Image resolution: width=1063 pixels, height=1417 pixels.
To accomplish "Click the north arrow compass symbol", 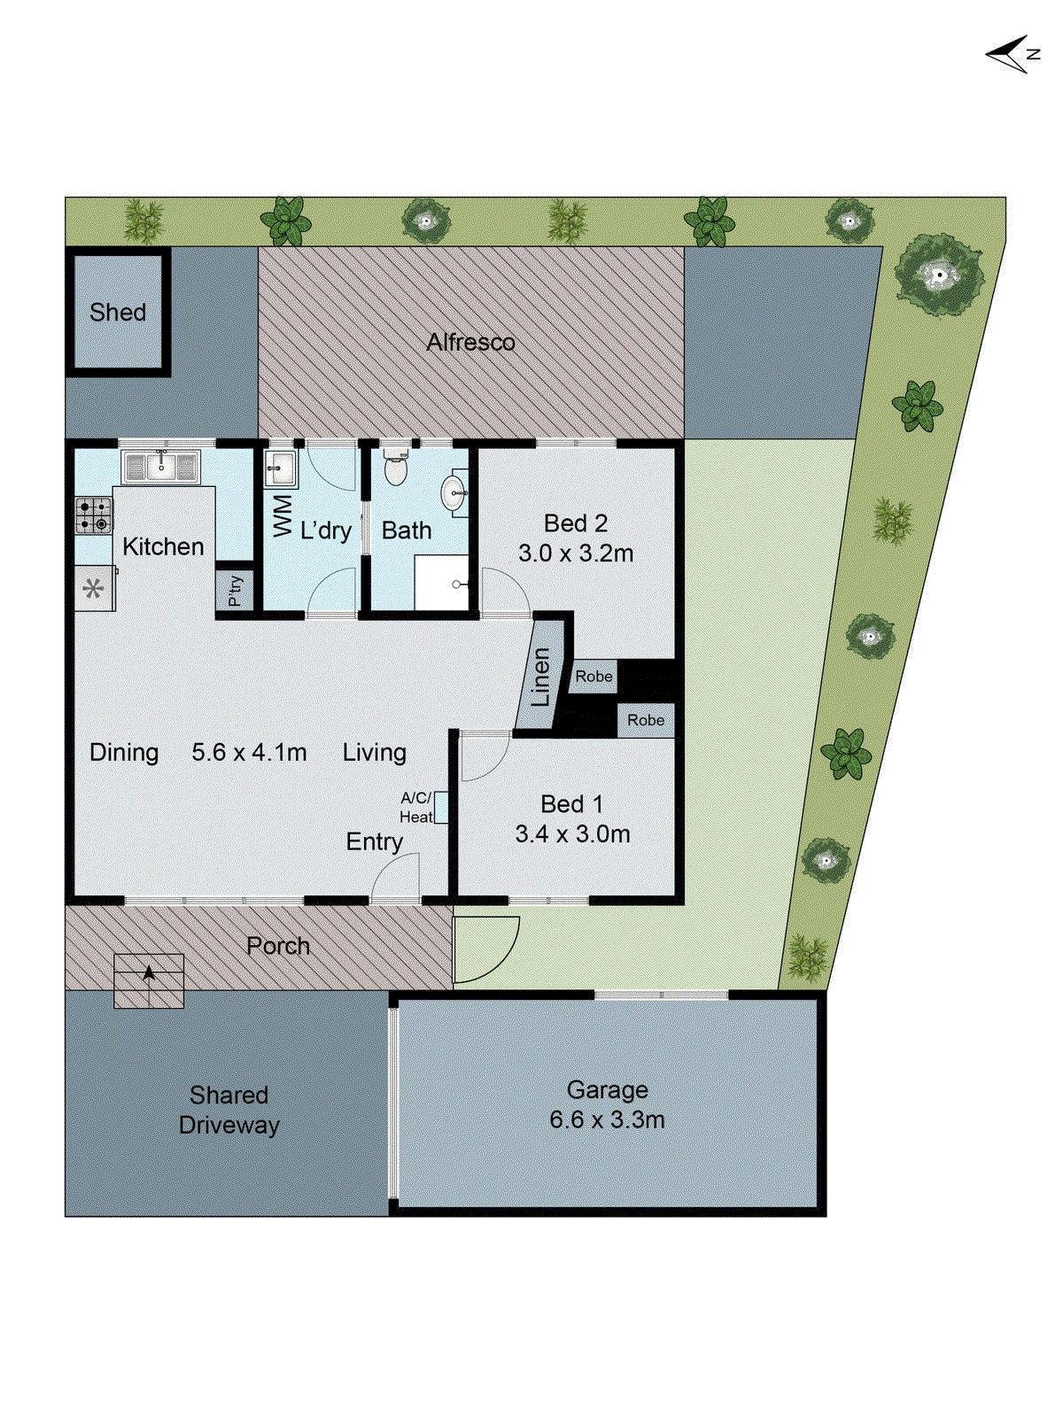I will [1012, 55].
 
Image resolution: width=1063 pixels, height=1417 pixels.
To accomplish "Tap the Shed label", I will [118, 313].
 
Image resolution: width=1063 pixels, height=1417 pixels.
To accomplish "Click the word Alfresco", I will [470, 343].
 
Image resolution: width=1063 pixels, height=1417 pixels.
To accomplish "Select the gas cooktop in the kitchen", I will [93, 515].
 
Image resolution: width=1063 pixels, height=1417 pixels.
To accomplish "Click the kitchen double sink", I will [160, 467].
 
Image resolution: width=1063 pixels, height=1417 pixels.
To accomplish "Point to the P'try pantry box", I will [235, 590].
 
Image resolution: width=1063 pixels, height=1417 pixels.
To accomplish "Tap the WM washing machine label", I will [283, 515].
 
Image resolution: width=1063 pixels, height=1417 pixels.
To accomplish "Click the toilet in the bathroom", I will [396, 468].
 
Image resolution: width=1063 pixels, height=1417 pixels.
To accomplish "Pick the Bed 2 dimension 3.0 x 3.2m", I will [576, 554].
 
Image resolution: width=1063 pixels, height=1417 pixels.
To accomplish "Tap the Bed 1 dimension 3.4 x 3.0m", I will [572, 834].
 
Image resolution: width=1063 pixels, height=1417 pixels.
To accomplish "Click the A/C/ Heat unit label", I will [416, 808].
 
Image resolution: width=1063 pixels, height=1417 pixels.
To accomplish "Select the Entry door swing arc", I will [395, 880].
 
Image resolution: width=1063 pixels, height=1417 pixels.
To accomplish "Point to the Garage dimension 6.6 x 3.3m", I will [607, 1120].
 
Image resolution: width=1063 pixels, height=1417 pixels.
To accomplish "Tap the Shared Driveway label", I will [229, 1111].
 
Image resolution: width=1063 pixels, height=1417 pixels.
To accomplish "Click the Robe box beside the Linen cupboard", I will [594, 677].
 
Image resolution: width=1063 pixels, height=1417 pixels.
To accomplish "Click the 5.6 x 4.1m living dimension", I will [249, 753].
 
